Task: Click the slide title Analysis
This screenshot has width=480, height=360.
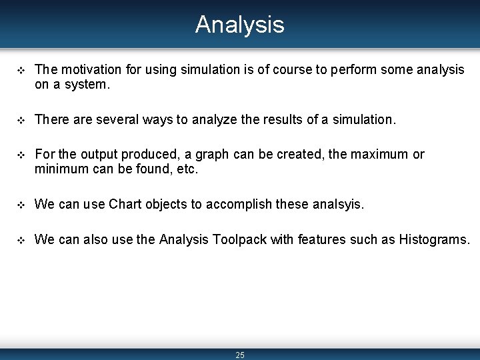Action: click(x=239, y=25)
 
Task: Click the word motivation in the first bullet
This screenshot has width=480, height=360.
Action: click(x=90, y=69)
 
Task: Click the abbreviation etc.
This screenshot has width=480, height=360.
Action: click(x=187, y=169)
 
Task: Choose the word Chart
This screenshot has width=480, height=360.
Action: click(x=126, y=204)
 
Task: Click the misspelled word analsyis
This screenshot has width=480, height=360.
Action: click(x=338, y=204)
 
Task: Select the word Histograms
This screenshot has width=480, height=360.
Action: click(x=434, y=239)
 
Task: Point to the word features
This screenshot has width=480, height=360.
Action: click(x=323, y=239)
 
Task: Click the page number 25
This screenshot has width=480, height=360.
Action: click(x=240, y=355)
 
